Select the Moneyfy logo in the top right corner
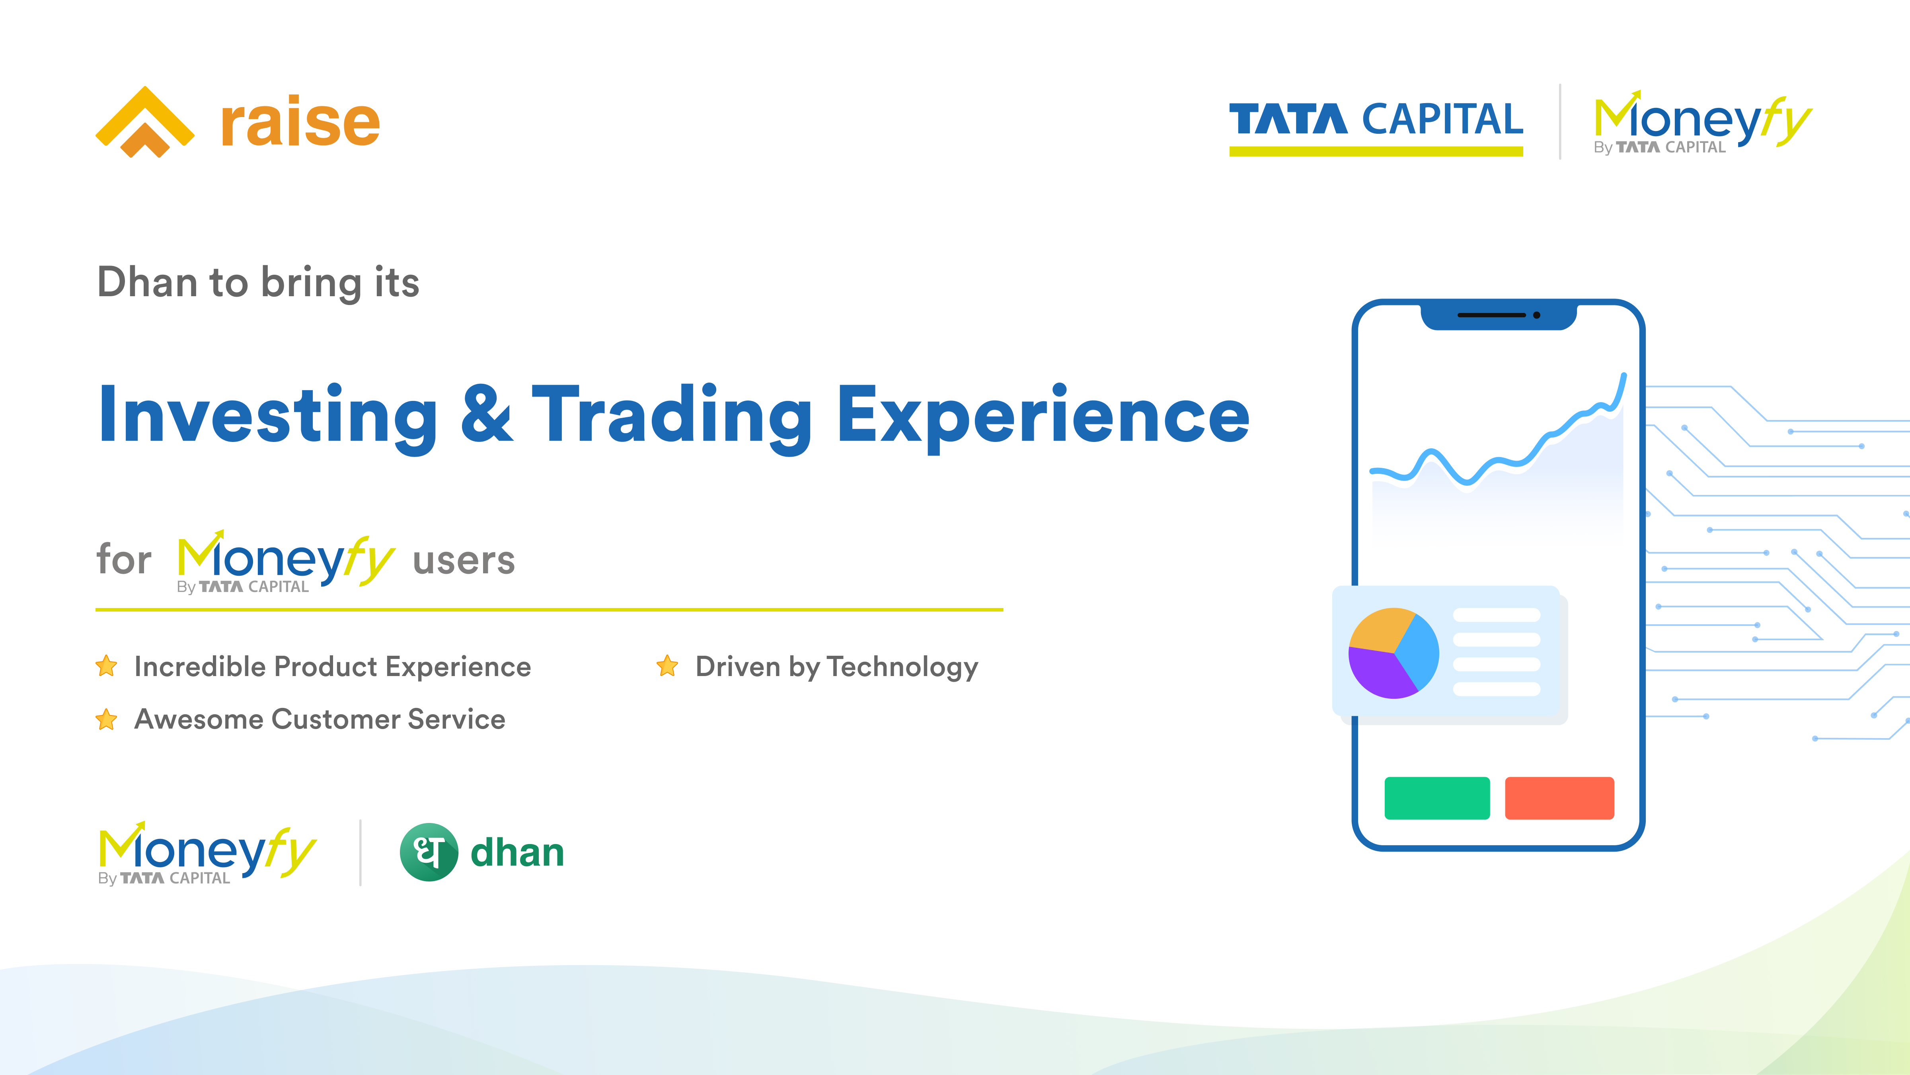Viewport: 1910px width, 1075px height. (1702, 122)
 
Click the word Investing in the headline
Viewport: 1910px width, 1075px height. (268, 417)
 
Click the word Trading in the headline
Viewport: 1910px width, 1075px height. (672, 417)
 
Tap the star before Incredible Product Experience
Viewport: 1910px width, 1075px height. (107, 665)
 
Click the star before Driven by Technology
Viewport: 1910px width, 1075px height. (667, 665)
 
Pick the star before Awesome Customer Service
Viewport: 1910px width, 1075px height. (107, 719)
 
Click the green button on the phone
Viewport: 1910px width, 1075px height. (1437, 798)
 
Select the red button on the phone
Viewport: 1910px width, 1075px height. (1559, 798)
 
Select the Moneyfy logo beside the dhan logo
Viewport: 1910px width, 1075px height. (208, 853)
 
